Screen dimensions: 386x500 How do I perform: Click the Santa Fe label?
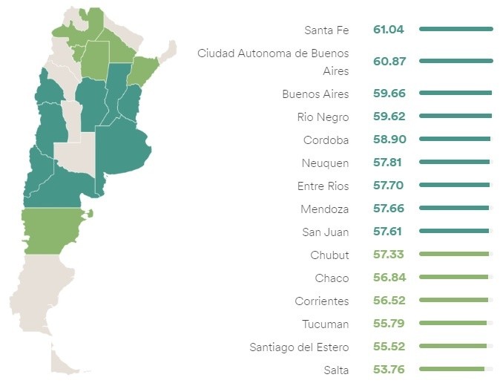pyautogui.click(x=326, y=30)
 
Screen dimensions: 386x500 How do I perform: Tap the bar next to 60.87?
pyautogui.click(x=455, y=61)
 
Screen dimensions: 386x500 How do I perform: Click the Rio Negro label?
pyautogui.click(x=323, y=117)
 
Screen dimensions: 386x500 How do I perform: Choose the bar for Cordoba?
pyautogui.click(x=454, y=139)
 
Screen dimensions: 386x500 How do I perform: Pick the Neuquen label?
pyautogui.click(x=325, y=163)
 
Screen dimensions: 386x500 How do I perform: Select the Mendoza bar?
pyautogui.click(x=454, y=209)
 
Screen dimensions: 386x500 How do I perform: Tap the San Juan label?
pyautogui.click(x=325, y=232)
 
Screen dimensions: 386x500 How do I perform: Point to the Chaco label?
pyautogui.click(x=332, y=278)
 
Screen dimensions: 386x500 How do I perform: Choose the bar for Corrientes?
pyautogui.click(x=453, y=300)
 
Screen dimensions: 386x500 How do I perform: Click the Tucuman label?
pyautogui.click(x=325, y=324)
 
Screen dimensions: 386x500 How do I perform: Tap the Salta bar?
pyautogui.click(x=451, y=369)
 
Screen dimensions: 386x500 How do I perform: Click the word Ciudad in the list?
pyautogui.click(x=216, y=53)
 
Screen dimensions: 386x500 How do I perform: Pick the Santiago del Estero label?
pyautogui.click(x=300, y=347)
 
